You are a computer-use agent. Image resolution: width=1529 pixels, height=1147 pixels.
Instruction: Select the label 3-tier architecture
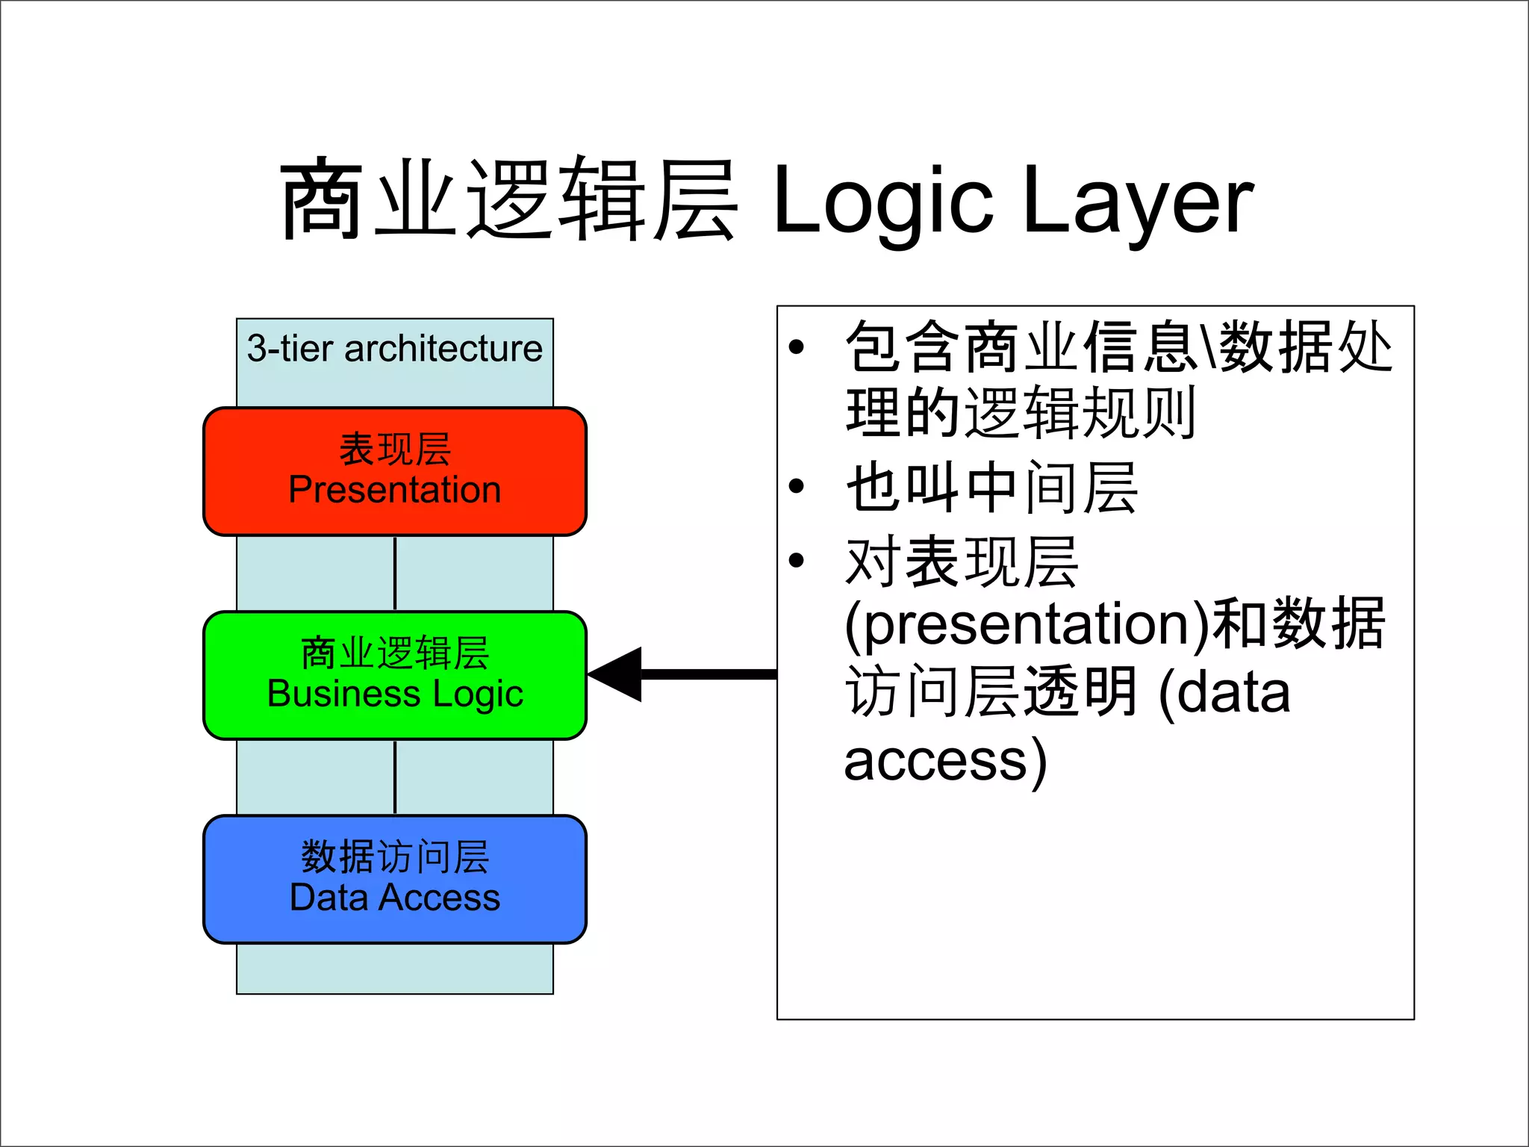[394, 349]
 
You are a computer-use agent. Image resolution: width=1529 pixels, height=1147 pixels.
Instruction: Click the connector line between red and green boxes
[395, 573]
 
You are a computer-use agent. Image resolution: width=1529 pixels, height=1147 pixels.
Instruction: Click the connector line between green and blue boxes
[395, 777]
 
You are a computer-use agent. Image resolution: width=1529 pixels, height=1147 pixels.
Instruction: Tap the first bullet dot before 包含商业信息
[797, 346]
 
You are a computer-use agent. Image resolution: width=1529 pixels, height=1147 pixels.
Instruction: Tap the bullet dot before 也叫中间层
[797, 486]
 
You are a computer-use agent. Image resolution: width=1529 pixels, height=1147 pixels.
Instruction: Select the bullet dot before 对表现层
[797, 559]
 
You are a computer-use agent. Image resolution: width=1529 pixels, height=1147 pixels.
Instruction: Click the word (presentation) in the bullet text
[1026, 624]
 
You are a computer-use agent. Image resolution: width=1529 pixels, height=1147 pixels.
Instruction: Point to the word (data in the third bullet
[1224, 692]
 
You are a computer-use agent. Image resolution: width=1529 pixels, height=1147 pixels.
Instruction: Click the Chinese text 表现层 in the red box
[394, 449]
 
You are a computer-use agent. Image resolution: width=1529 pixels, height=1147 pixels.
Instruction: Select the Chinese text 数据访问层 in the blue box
[394, 857]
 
